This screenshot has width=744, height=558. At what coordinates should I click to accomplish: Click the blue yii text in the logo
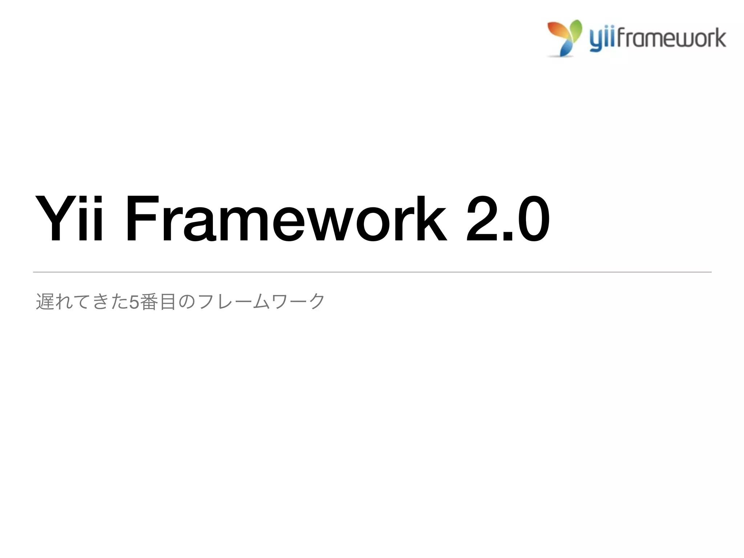602,39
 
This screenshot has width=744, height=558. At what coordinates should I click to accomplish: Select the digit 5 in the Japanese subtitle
134,302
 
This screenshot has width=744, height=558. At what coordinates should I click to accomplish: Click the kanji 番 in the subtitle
149,302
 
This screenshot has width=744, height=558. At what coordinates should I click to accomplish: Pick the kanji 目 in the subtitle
168,302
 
